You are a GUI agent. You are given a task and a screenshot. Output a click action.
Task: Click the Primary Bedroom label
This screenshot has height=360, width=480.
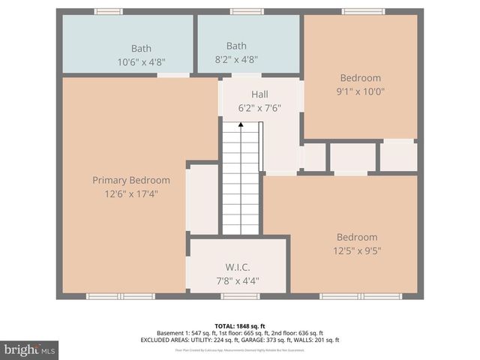131,180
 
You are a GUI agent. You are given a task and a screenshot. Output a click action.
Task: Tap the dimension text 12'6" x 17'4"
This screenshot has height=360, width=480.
131,193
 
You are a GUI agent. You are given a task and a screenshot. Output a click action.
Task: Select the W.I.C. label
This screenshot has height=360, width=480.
238,267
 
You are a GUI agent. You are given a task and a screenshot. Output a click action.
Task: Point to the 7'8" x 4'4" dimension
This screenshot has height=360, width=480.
238,280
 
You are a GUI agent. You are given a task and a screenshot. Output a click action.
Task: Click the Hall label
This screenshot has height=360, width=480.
259,94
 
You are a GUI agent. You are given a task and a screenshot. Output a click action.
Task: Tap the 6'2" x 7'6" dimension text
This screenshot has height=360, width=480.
259,108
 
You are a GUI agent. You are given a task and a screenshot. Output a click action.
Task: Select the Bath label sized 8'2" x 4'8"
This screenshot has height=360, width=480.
236,46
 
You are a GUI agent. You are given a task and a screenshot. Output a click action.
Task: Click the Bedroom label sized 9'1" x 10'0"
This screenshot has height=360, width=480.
360,77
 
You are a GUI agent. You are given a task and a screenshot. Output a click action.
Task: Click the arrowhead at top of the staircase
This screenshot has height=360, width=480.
240,124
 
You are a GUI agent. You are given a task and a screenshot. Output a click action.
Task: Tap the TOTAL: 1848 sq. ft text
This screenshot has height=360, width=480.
240,325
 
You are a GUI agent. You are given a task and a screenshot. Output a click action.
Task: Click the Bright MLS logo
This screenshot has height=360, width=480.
29,349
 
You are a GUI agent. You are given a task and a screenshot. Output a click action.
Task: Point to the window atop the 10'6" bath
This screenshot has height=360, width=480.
108,11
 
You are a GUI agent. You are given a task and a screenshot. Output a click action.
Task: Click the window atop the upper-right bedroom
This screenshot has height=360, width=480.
363,11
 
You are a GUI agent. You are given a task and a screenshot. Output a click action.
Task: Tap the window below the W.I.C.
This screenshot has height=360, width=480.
240,296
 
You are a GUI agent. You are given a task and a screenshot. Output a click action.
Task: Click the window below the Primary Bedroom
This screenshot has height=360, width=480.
120,296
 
